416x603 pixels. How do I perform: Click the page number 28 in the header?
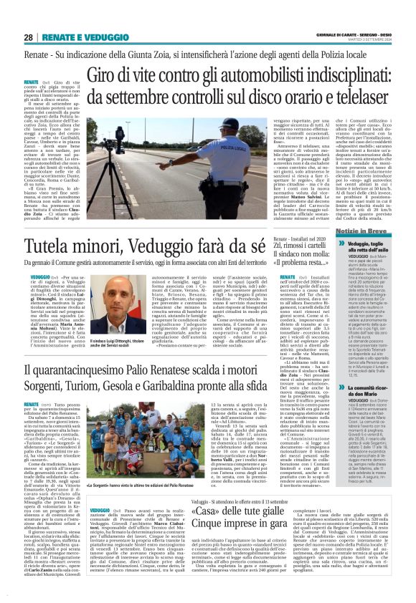click(28, 37)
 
